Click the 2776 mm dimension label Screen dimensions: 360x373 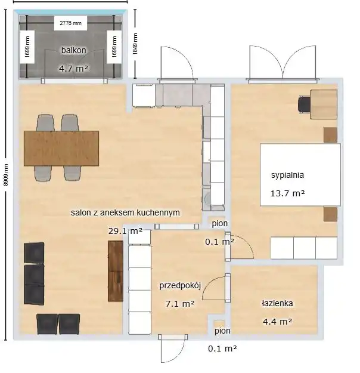(70, 23)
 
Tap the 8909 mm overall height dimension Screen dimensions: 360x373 (6, 175)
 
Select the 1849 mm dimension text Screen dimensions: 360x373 (135, 44)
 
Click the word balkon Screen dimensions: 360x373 (73, 50)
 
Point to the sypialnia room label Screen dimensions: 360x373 (287, 175)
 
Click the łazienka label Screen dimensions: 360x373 (277, 303)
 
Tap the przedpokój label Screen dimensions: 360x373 (180, 285)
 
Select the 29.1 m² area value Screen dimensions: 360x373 (125, 231)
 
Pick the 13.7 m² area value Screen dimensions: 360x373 (287, 193)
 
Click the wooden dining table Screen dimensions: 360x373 (61, 148)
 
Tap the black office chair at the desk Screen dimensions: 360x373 (304, 104)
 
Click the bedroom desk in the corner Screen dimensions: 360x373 (324, 104)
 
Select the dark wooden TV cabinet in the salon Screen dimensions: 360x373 (116, 271)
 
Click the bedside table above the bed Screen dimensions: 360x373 (330, 135)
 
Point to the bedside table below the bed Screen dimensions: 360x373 (330, 214)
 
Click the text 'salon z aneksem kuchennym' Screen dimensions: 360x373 (125, 212)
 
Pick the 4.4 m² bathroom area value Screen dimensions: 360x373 (277, 322)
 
